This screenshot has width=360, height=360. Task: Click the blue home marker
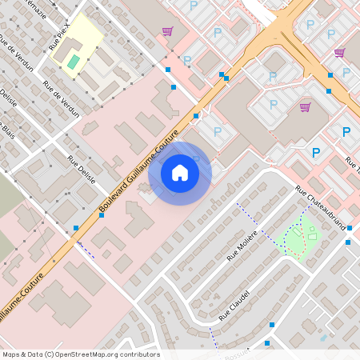tap(180, 173)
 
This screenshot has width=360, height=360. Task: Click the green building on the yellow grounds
tap(74, 61)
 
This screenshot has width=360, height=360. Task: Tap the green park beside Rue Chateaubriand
tap(299, 239)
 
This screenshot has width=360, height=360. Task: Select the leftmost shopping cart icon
tap(167, 32)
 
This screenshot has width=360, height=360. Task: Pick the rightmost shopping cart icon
tap(339, 53)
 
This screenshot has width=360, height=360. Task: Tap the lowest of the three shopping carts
tap(305, 106)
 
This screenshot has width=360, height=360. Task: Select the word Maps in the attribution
tap(10, 354)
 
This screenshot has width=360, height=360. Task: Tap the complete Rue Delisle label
tap(82, 170)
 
